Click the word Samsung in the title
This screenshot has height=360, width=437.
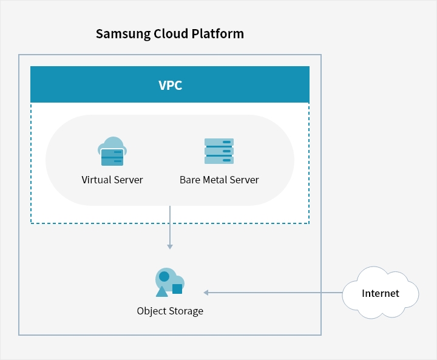(123, 34)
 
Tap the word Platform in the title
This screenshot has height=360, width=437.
(218, 33)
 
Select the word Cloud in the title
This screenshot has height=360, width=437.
(171, 33)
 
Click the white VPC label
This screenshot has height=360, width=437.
(171, 86)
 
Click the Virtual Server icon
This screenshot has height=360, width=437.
(112, 151)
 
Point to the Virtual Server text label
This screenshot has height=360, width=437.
(112, 180)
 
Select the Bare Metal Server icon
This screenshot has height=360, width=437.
(219, 151)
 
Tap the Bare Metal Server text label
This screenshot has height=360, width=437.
(219, 180)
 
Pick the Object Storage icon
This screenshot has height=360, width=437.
(170, 282)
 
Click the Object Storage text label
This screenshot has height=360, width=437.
(170, 311)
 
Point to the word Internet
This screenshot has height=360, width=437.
(381, 293)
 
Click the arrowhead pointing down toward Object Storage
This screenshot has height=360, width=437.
(170, 246)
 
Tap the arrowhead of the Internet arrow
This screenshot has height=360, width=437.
(206, 293)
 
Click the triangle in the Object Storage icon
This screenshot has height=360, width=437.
(161, 291)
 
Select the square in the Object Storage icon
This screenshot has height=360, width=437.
(177, 289)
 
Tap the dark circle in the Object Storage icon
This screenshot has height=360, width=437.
(164, 277)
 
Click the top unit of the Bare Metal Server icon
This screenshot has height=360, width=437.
(219, 142)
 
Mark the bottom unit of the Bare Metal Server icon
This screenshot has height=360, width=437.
(219, 160)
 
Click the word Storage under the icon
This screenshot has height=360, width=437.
(186, 311)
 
